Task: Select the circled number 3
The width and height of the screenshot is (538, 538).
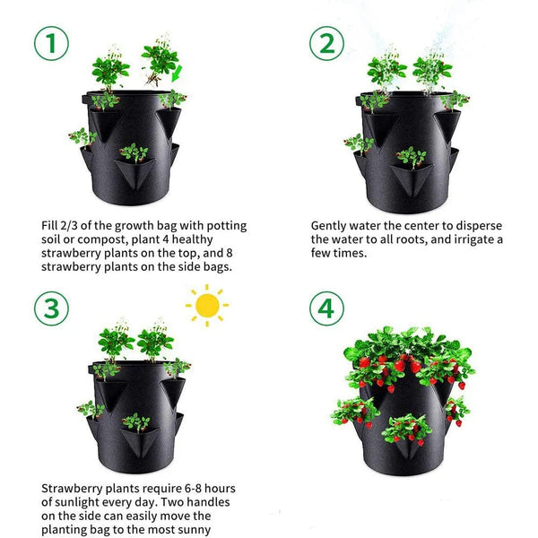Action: [x=51, y=308]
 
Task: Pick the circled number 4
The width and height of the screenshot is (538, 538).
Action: [x=326, y=308]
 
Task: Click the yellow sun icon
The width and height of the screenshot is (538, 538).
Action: [x=207, y=306]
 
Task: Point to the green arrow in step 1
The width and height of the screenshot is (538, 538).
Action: [x=178, y=71]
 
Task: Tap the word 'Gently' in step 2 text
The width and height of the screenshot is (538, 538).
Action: [x=332, y=226]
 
